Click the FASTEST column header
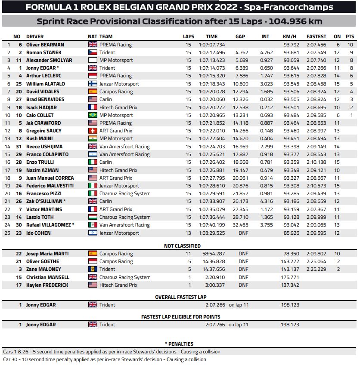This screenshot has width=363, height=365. pyautogui.click(x=316, y=37)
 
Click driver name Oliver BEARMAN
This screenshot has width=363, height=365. pyautogui.click(x=45, y=45)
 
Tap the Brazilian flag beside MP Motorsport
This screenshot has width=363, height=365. pyautogui.click(x=93, y=115)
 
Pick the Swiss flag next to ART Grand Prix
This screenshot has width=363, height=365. pyautogui.click(x=93, y=131)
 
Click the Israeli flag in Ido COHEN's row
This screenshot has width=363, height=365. pyautogui.click(x=93, y=233)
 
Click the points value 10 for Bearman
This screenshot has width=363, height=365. pyautogui.click(x=350, y=45)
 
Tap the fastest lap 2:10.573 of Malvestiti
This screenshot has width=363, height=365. pyautogui.click(x=316, y=186)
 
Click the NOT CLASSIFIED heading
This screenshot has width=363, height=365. pyautogui.click(x=182, y=246)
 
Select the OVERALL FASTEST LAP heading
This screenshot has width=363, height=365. pyautogui.click(x=181, y=297)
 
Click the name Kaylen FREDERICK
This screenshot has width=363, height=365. pyautogui.click(x=47, y=285)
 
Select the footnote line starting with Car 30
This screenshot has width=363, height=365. pyautogui.click(x=105, y=359)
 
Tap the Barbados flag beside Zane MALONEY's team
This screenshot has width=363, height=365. pyautogui.click(x=93, y=269)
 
